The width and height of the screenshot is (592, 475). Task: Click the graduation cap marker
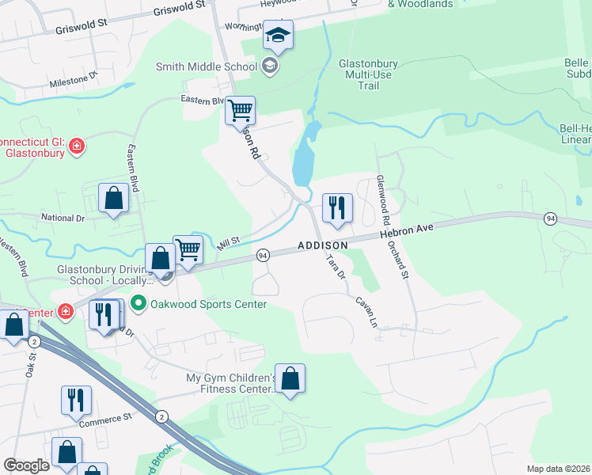(278, 35)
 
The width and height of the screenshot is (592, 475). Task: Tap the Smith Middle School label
(207, 66)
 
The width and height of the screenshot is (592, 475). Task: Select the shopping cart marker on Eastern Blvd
(240, 110)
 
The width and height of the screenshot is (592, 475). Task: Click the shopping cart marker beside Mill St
(188, 250)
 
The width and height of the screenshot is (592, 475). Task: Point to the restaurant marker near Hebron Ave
(337, 209)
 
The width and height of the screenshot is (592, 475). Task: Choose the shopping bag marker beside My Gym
(290, 380)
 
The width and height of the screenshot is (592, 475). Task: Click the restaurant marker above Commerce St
(76, 401)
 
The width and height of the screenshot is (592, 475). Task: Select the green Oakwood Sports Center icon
(139, 304)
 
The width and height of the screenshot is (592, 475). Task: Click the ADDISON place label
(323, 245)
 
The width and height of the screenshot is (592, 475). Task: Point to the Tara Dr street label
(336, 268)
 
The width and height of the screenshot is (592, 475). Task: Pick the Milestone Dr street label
(72, 80)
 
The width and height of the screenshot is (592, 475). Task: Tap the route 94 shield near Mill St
(263, 255)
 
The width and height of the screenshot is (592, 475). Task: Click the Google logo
(26, 465)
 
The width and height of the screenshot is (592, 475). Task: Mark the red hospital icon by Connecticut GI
(76, 146)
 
